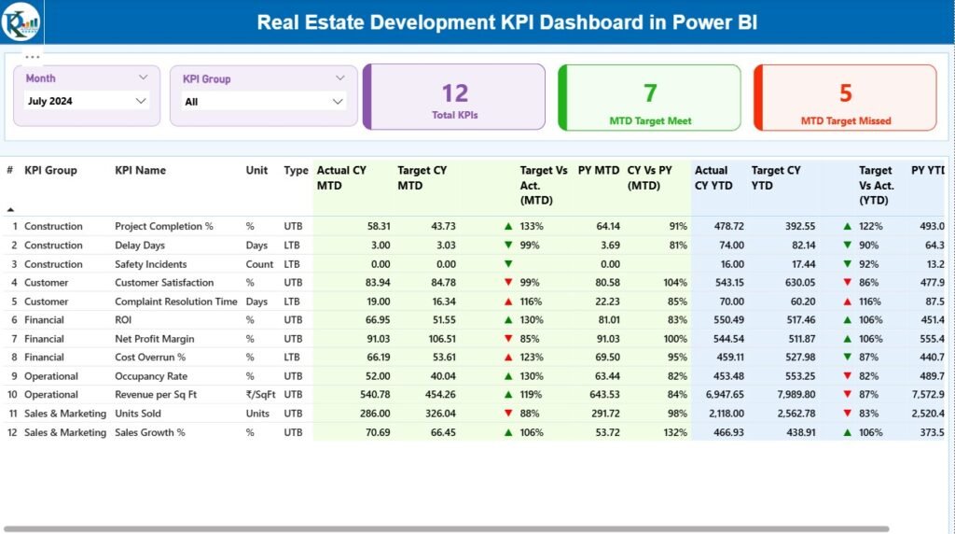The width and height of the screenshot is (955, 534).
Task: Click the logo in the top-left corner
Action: (x=21, y=21)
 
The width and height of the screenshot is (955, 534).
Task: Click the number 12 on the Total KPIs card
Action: (x=454, y=92)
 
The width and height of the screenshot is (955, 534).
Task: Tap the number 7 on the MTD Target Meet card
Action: (x=650, y=92)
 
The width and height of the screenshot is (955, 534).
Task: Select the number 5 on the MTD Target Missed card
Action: (x=845, y=92)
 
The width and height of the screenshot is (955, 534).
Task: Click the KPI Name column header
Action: (x=140, y=171)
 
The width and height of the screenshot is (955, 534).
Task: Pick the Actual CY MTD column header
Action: (x=341, y=177)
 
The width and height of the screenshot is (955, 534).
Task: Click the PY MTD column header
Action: (x=598, y=171)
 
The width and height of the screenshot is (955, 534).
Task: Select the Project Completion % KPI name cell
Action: (x=164, y=227)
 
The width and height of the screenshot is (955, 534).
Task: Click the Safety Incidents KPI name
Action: (x=151, y=264)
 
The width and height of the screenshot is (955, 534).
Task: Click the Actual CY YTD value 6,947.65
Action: (x=721, y=395)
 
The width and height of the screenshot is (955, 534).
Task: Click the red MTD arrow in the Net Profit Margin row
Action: (x=508, y=339)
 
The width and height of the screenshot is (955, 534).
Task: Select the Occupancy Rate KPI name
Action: (x=151, y=376)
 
